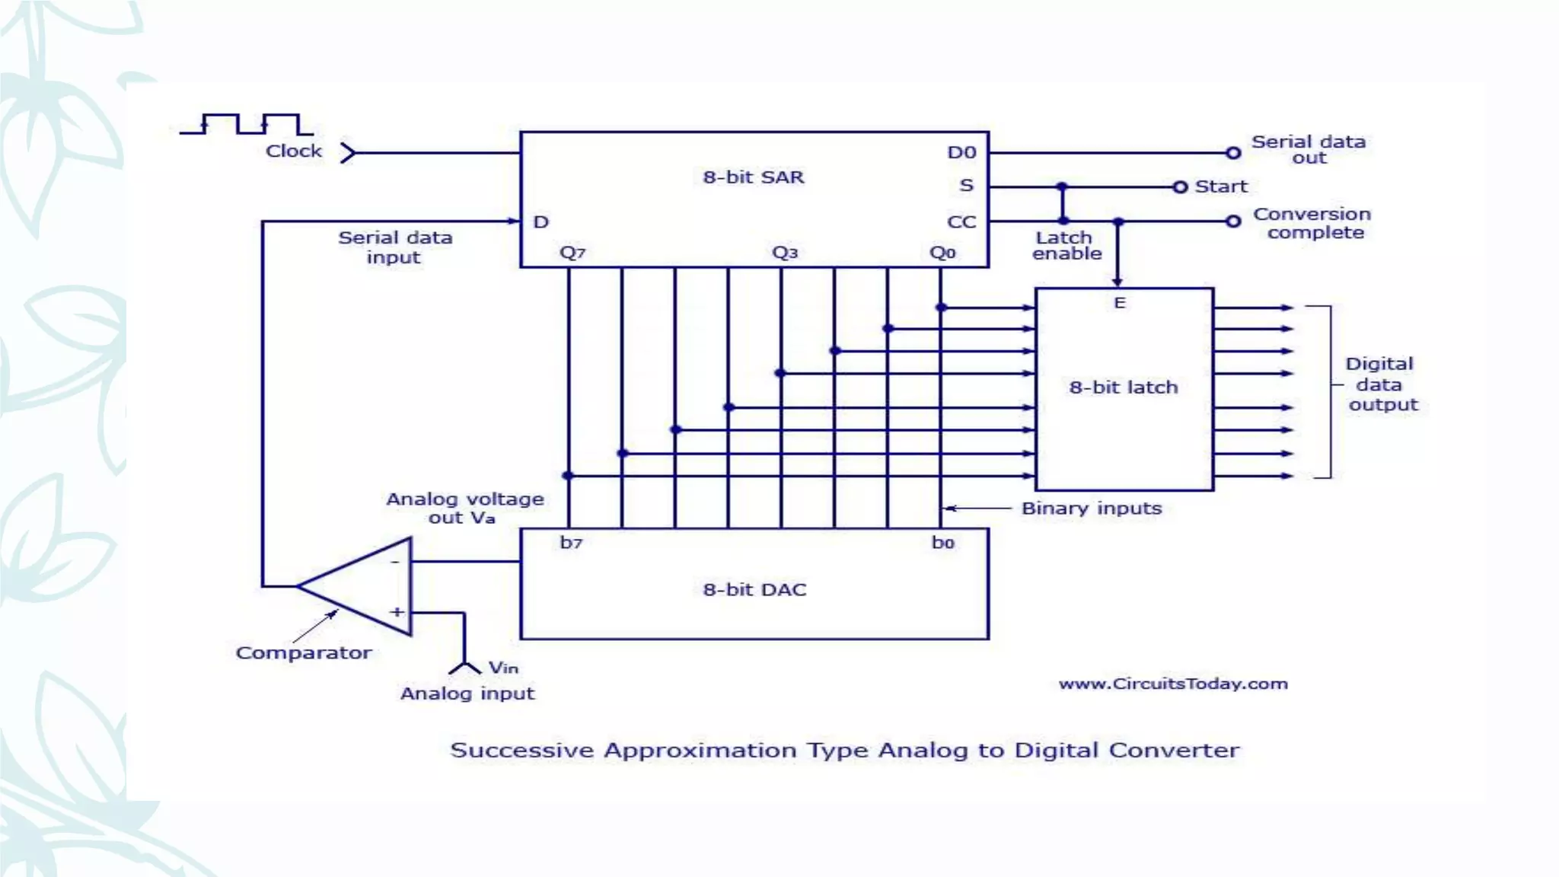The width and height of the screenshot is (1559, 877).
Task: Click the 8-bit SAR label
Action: pyautogui.click(x=753, y=177)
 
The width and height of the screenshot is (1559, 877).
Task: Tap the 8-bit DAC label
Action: pyautogui.click(x=754, y=590)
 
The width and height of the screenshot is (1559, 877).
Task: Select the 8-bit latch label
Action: pyautogui.click(x=1124, y=387)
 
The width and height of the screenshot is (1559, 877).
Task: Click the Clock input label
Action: pyautogui.click(x=294, y=151)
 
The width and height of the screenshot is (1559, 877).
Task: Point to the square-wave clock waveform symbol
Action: pyautogui.click(x=247, y=124)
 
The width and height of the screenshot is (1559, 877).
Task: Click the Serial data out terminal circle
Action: pyautogui.click(x=1233, y=153)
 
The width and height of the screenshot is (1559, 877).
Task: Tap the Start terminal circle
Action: pyautogui.click(x=1180, y=187)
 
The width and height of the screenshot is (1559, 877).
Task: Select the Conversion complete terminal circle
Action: pyautogui.click(x=1233, y=222)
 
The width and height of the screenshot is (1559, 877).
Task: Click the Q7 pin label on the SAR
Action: pyautogui.click(x=572, y=253)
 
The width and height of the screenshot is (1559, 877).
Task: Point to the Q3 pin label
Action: pyautogui.click(x=785, y=253)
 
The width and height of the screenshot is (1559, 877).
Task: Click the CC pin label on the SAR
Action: pyautogui.click(x=961, y=222)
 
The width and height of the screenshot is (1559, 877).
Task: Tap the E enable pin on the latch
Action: pyautogui.click(x=1120, y=303)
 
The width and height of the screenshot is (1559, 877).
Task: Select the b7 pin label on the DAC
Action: pyautogui.click(x=571, y=543)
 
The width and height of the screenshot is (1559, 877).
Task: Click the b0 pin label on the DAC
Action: pyautogui.click(x=943, y=543)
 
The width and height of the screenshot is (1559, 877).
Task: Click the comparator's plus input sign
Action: pyautogui.click(x=397, y=612)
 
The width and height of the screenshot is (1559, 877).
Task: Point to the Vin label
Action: pyautogui.click(x=503, y=668)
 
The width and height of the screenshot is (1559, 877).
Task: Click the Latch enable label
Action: pyautogui.click(x=1066, y=246)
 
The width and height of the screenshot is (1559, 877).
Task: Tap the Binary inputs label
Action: pyautogui.click(x=1092, y=509)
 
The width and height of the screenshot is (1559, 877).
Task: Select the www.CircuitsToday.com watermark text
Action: pyautogui.click(x=1173, y=684)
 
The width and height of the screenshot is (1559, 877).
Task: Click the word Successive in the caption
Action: pyautogui.click(x=521, y=751)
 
